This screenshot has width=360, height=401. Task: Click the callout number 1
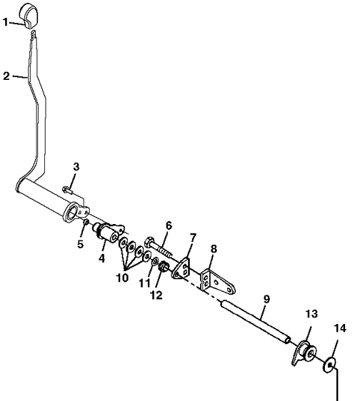(6, 22)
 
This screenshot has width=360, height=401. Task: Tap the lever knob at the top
(29, 16)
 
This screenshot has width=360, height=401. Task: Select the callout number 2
(6, 76)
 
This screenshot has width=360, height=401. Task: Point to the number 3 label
(76, 167)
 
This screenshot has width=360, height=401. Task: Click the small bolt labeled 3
(67, 190)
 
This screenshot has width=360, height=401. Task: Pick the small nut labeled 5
(86, 222)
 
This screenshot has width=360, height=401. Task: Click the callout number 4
(101, 258)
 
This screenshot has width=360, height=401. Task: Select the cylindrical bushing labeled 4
(108, 232)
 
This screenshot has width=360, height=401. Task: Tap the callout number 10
(122, 278)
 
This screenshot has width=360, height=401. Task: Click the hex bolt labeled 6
(159, 248)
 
